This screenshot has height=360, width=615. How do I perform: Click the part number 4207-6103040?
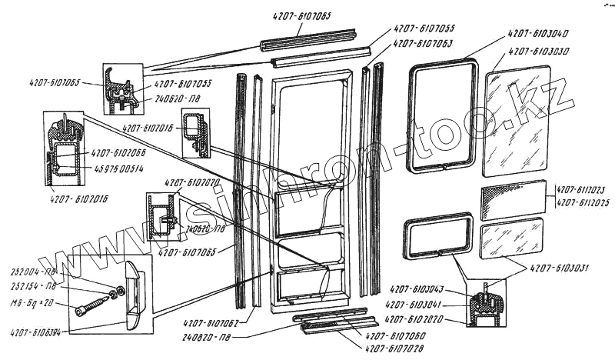click(538, 35)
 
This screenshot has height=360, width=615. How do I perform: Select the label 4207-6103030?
click(538, 52)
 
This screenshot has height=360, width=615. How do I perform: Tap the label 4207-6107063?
click(423, 44)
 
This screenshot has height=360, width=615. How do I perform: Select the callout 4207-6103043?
click(417, 288)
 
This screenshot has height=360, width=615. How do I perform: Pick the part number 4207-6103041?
click(417, 305)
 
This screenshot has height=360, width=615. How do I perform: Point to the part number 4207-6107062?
click(211, 323)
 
